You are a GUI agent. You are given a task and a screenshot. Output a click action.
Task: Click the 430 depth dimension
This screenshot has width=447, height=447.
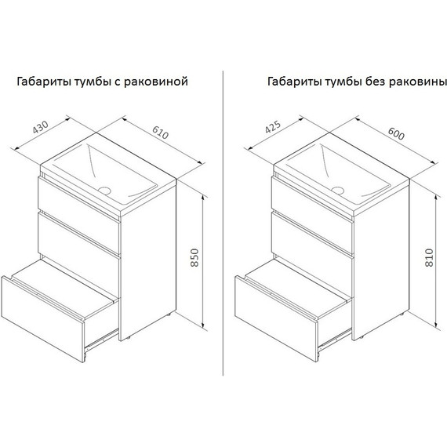point(41,127)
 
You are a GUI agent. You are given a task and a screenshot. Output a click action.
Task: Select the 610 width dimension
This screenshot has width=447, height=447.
point(161,133)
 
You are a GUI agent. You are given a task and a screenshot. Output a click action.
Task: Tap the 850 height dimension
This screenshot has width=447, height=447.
point(194,257)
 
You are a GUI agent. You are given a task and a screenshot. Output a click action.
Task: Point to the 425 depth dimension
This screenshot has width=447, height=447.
point(273,127)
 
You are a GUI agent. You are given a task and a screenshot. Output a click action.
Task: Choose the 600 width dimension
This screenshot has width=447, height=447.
point(396,133)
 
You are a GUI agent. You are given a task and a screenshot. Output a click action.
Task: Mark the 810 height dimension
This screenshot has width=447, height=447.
point(429,257)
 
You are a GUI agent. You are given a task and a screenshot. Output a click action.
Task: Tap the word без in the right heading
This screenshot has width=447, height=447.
point(375,82)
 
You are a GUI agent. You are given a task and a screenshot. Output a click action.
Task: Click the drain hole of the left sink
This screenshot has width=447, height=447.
point(105,190)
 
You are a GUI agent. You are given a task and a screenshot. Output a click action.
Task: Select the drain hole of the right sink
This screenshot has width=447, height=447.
point(338,190)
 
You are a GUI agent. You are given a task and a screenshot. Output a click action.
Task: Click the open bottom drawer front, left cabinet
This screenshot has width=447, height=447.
point(43,318)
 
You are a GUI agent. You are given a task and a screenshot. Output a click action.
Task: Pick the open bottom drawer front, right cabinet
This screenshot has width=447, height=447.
point(276,318)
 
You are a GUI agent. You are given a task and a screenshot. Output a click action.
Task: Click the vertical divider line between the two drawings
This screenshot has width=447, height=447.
point(223,223)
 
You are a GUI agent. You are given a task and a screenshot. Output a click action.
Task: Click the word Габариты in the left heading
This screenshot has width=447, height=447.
point(44,82)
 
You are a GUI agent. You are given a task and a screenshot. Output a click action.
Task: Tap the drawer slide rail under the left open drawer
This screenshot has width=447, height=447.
point(102,339)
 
